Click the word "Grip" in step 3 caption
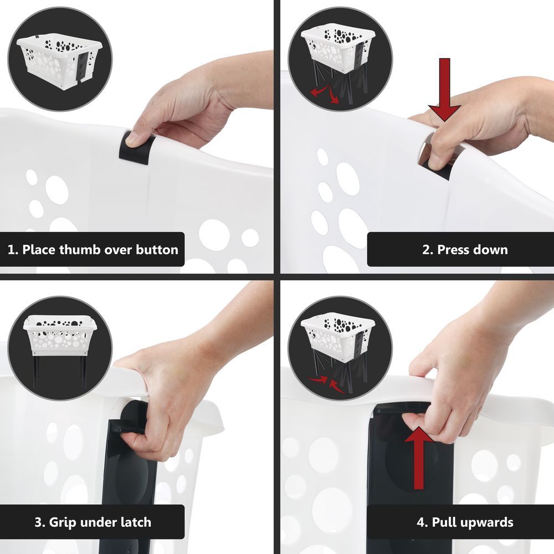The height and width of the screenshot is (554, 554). [61, 522]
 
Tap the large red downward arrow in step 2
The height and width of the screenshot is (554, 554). [444, 90]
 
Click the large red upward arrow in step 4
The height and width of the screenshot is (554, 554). [419, 458]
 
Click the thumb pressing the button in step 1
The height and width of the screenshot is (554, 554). [136, 138]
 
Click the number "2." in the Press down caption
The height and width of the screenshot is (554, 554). [428, 250]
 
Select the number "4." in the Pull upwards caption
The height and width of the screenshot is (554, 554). [422, 522]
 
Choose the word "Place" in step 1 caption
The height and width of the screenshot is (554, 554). [39, 250]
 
